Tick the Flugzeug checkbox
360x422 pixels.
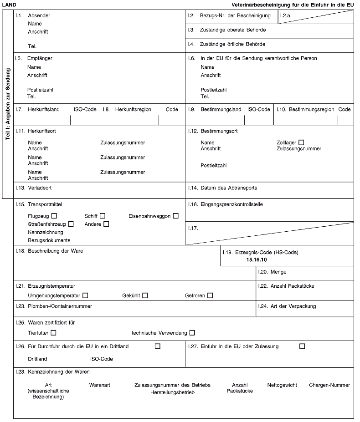pos(54,215)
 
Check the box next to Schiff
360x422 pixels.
pos(103,215)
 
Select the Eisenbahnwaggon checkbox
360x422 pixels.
pos(175,215)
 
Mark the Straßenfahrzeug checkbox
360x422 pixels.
pos(71,224)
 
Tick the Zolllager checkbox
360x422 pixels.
pos(301,143)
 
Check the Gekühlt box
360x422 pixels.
pos(145,295)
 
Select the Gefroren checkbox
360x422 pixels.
pos(210,295)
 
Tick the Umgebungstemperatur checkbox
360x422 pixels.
pos(85,295)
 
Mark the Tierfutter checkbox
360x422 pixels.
pos(54,333)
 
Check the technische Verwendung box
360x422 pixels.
pos(192,333)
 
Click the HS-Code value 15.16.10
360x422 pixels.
pos(256,260)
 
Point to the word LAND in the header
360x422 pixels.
pos(9,5)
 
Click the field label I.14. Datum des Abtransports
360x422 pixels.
pos(222,188)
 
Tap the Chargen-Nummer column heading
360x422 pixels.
pos(329,385)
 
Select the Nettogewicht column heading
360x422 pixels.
pos(282,385)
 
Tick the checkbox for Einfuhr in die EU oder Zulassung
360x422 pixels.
pos(302,346)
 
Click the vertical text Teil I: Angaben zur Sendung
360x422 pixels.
pos(8,105)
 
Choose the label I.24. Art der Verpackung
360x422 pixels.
pos(287,306)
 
